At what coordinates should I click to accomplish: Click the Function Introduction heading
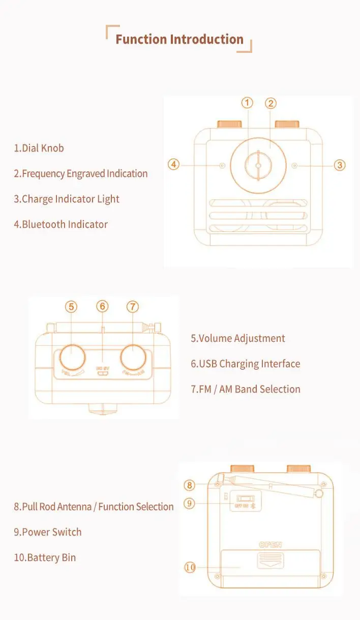tap(179, 40)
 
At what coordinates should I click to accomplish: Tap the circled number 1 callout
tap(247, 103)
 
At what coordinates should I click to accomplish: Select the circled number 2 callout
tap(271, 103)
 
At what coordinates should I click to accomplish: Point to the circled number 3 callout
tap(340, 165)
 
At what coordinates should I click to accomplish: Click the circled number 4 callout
tap(174, 165)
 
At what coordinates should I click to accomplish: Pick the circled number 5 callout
tap(71, 307)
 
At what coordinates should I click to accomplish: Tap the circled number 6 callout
tap(103, 306)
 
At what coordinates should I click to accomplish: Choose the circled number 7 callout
tap(133, 307)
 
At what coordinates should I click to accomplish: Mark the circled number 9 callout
tap(190, 504)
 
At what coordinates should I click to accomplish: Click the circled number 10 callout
tap(190, 567)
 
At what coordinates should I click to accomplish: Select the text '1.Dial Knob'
tap(39, 149)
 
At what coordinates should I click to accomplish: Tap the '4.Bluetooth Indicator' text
tap(61, 225)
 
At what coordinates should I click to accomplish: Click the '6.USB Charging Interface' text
tap(245, 364)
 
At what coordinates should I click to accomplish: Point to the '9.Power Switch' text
tap(47, 533)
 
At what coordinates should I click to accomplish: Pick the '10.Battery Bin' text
tap(45, 558)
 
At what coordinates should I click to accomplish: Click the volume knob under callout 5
tap(71, 357)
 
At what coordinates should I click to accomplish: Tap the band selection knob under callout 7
tap(133, 357)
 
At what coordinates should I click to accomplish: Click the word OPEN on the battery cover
tap(271, 545)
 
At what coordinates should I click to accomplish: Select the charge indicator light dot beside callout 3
tap(295, 165)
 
